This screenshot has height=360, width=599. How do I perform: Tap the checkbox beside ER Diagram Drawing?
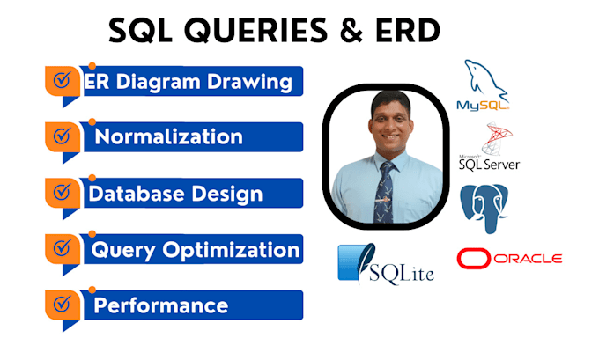(x=62, y=81)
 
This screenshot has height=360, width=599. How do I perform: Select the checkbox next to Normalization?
(x=62, y=136)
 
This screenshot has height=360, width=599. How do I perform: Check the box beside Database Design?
(x=62, y=192)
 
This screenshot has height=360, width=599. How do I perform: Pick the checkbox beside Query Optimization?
(x=62, y=250)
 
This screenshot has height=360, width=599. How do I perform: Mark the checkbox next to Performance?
(x=62, y=305)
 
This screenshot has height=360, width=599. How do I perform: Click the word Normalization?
(x=168, y=136)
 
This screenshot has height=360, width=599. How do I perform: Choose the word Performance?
(x=160, y=305)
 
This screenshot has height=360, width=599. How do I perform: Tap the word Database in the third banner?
(x=132, y=193)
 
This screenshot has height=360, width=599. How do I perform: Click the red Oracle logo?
(x=509, y=259)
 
